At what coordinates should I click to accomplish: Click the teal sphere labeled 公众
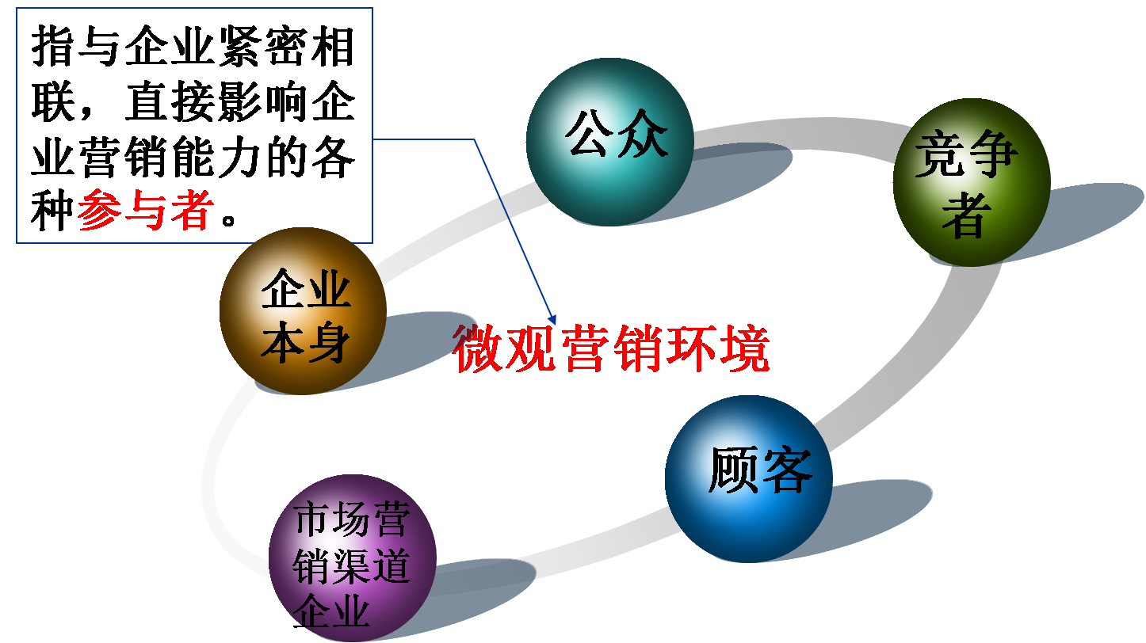point(609,143)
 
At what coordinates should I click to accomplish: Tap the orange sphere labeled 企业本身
point(303,311)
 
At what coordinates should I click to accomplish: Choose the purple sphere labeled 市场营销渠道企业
point(352,558)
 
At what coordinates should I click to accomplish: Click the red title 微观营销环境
point(611,348)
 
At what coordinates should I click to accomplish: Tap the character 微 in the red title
point(479,348)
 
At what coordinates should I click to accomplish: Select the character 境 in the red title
point(743,348)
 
